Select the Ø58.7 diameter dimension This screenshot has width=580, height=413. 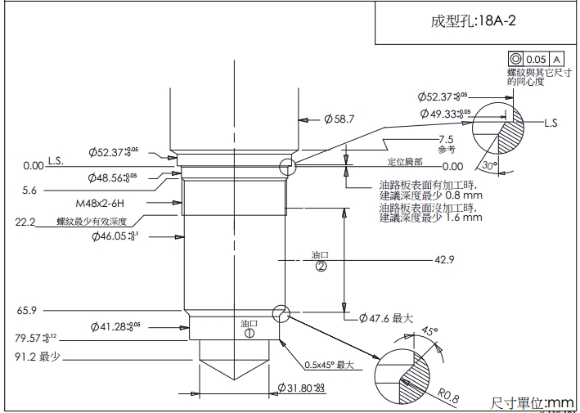(339, 119)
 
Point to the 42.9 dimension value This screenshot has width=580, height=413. (444, 259)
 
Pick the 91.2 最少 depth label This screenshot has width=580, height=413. (38, 357)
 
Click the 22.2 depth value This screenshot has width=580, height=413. (25, 222)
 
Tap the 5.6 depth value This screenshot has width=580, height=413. (29, 190)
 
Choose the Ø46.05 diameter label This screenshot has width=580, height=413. (115, 236)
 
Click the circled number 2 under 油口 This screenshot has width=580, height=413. (321, 267)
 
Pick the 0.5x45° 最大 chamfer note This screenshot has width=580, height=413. (326, 365)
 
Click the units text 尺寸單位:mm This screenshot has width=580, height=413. (533, 402)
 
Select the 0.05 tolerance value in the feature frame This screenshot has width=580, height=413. (536, 60)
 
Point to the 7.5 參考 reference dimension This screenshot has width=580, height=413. (446, 144)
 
